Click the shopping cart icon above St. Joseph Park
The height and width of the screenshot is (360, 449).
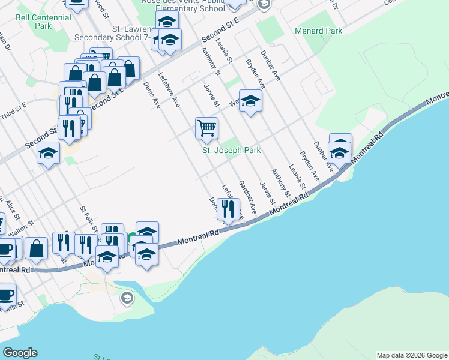206,127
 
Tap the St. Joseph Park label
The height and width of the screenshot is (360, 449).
231,150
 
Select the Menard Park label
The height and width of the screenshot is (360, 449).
318,31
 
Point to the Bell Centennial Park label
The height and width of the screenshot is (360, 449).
43,22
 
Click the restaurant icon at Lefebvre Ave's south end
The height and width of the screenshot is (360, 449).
228,209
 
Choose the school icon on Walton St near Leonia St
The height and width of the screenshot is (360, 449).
250,100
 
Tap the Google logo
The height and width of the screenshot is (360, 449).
20,353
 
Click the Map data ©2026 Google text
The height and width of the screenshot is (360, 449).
412,355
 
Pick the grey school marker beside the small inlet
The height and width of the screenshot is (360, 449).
127,298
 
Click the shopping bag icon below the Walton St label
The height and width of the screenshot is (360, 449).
37,247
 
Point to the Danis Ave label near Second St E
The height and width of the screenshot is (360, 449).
152,95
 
